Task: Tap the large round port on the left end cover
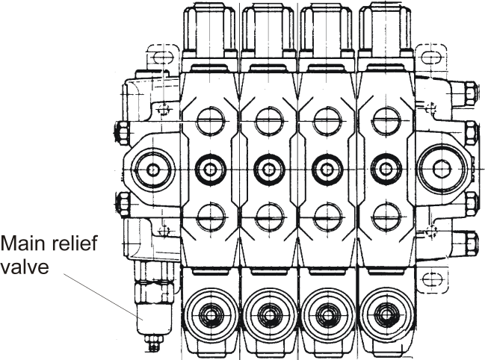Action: pyautogui.click(x=152, y=169)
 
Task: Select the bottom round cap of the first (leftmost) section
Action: pyautogui.click(x=208, y=313)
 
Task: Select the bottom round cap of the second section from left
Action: pyautogui.click(x=267, y=313)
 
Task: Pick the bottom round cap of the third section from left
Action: pyautogui.click(x=325, y=313)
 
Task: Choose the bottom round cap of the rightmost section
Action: pyautogui.click(x=383, y=313)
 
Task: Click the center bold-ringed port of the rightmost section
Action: pyautogui.click(x=384, y=169)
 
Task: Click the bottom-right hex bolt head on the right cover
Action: pyautogui.click(x=469, y=242)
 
